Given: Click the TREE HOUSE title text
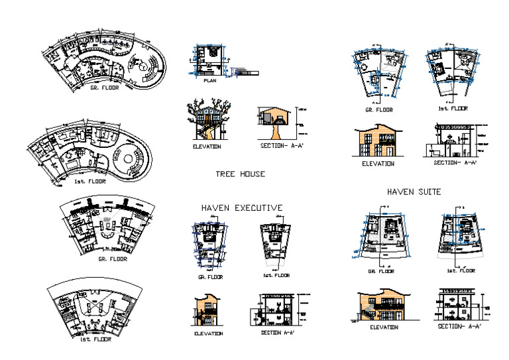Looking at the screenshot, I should (240, 174).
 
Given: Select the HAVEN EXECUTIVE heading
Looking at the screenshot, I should (242, 208).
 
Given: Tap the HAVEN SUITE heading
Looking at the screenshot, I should (414, 192).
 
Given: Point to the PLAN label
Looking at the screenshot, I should (209, 81).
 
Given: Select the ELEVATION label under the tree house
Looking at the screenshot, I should (206, 147).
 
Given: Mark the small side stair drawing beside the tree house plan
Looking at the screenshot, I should (243, 71).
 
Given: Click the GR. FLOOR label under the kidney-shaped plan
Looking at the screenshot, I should (105, 87).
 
